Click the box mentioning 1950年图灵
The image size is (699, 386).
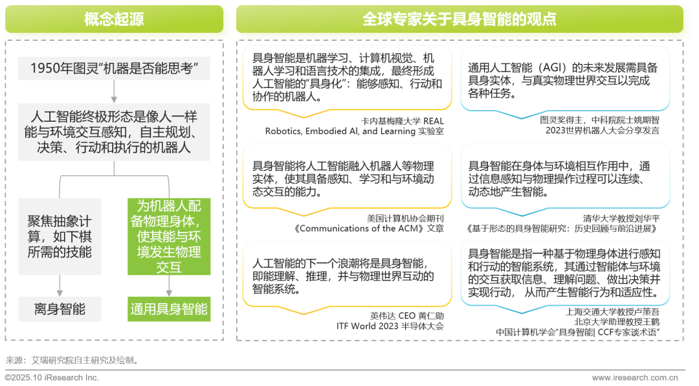pyautogui.click(x=114, y=69)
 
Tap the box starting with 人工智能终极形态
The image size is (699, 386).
pyautogui.click(x=114, y=132)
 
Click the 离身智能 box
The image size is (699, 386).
pyautogui.click(x=60, y=309)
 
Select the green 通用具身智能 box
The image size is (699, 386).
pyautogui.click(x=168, y=309)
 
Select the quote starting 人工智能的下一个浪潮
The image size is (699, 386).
pyautogui.click(x=347, y=276)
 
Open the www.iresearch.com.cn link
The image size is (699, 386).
pyautogui.click(x=635, y=377)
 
